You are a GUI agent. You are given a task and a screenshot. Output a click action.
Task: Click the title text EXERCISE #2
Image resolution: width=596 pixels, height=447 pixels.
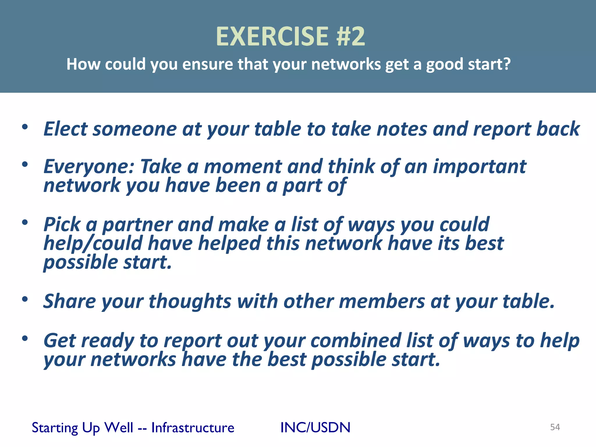[x=290, y=36]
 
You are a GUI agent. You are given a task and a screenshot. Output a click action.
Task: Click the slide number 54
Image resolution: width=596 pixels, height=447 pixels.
[x=555, y=427]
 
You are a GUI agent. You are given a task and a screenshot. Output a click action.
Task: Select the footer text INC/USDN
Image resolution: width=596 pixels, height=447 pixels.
[x=315, y=428]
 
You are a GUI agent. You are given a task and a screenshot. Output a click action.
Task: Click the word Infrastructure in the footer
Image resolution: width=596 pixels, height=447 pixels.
[x=193, y=428]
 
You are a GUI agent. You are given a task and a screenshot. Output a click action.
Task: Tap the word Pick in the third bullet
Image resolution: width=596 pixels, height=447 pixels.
[x=62, y=224]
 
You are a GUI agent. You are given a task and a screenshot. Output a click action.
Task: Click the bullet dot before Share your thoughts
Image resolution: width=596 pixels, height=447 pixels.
[x=25, y=299]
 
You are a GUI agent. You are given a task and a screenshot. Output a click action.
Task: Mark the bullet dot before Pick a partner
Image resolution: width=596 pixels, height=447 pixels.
[x=25, y=223]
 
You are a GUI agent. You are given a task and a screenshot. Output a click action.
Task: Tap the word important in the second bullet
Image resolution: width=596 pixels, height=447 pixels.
[x=480, y=167]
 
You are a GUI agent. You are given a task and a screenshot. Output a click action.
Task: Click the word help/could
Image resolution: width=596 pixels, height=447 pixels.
[x=93, y=243]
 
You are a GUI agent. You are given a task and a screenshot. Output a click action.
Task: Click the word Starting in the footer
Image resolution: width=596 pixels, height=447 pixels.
[x=55, y=428]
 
